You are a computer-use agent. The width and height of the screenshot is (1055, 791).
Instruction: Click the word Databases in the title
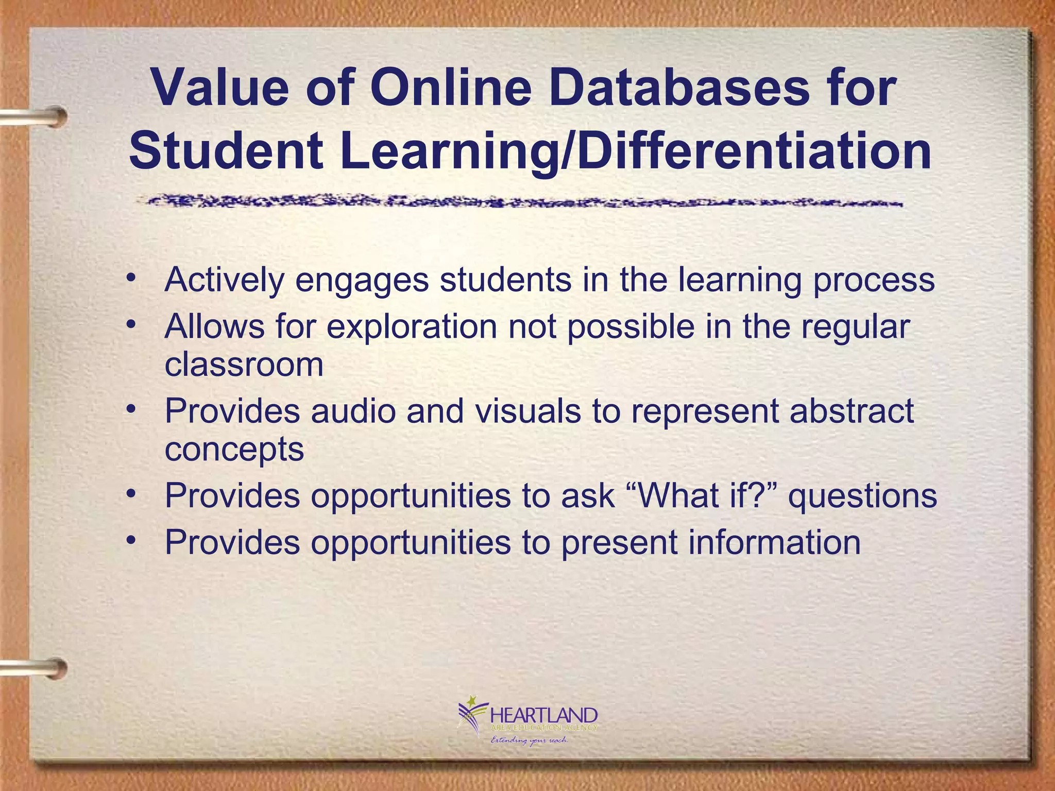[685, 88]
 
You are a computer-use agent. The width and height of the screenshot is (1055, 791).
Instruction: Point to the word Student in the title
[227, 151]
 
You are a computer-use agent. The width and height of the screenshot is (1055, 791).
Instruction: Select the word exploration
[412, 328]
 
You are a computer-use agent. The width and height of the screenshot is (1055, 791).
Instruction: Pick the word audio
[353, 411]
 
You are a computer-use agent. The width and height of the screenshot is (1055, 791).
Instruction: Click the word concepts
[234, 450]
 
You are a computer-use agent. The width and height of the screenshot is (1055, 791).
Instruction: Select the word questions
[863, 496]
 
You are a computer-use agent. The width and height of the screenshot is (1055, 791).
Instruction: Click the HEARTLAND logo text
[544, 715]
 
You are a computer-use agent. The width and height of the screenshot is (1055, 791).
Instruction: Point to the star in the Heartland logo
[470, 701]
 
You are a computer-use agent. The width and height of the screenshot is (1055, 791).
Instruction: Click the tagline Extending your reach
[529, 741]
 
